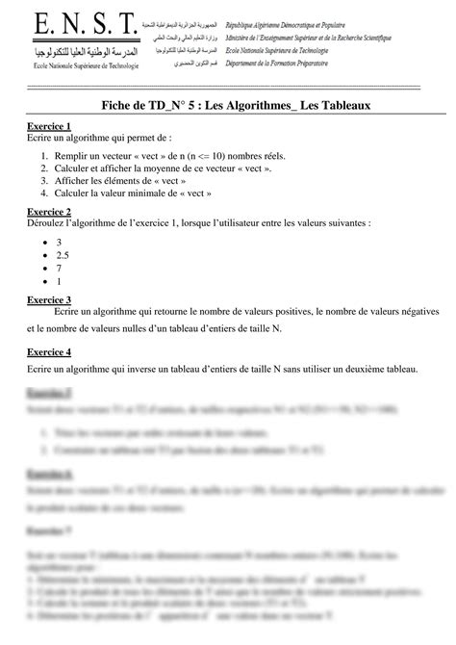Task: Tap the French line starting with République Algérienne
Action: [x=289, y=21]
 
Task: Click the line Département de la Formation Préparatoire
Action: [x=294, y=61]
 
